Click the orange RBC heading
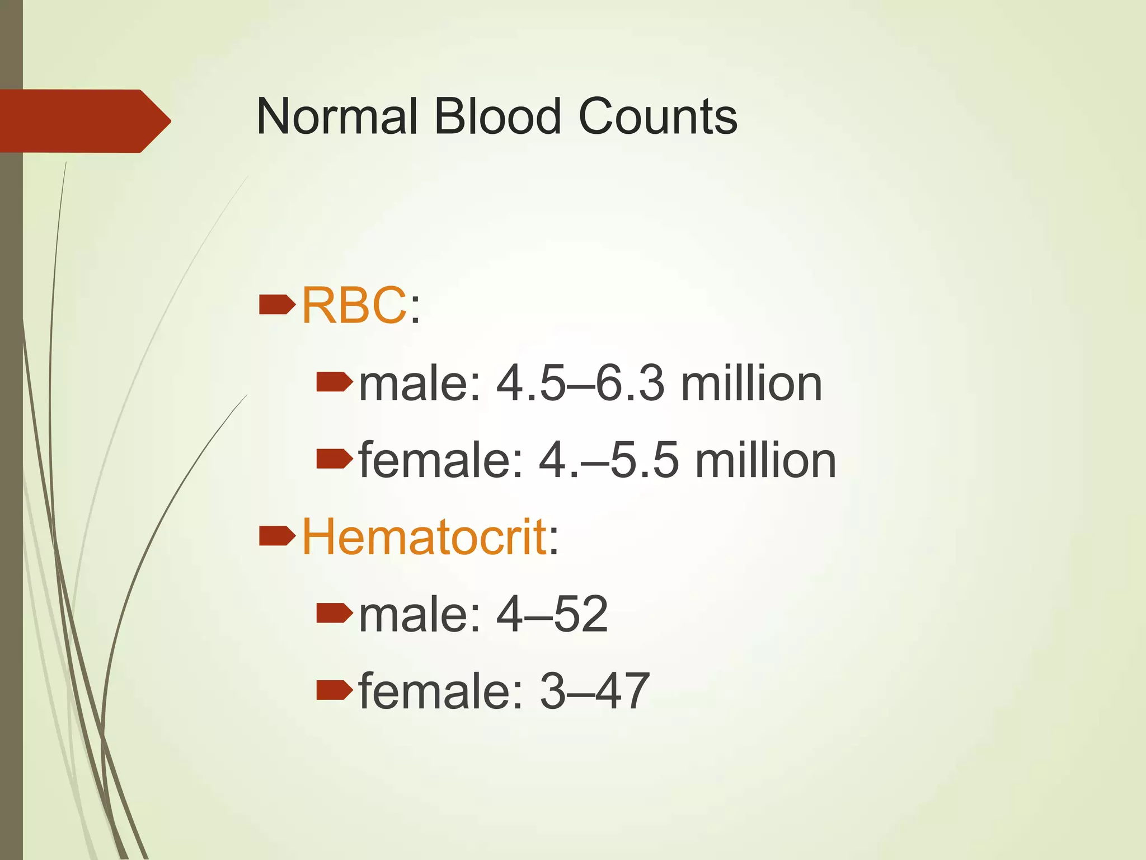pos(354,306)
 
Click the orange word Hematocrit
pos(424,537)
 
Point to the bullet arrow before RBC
pos(277,305)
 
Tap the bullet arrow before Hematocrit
pos(277,536)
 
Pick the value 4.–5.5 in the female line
pos(609,461)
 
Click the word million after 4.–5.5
pos(765,461)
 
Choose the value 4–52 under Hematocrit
pos(552,614)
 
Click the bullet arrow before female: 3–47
pos(334,690)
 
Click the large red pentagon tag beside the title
pos(84,121)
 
